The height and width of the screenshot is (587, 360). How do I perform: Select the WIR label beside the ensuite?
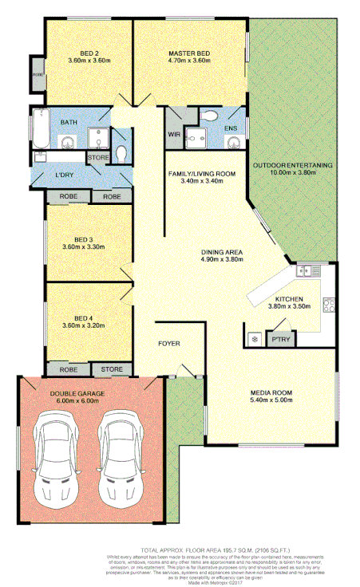pos(174,134)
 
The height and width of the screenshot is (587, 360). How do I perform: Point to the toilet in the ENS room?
pos(208,116)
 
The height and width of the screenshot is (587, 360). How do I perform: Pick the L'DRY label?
pos(64,175)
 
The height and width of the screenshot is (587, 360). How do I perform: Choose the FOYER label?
pos(168,344)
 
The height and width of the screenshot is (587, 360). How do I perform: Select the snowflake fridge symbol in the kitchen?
pos(255,337)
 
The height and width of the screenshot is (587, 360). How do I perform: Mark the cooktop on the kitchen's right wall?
pos(327,304)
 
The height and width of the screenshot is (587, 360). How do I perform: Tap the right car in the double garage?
pos(116,456)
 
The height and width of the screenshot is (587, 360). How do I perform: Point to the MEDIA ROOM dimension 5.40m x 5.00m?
pos(271,402)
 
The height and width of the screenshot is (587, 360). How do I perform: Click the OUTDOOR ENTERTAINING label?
pos(292,165)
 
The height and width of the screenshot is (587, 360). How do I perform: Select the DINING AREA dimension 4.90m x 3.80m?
pos(222,262)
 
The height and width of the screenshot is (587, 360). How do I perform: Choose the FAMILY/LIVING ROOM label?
pos(201,173)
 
